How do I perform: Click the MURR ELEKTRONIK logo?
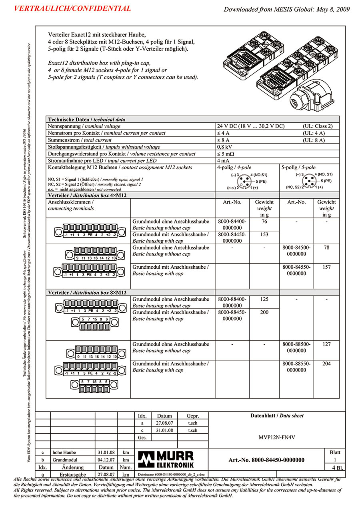click(166, 459)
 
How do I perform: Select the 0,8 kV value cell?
click(223, 147)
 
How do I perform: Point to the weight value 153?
click(264, 235)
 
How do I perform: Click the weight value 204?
click(326, 364)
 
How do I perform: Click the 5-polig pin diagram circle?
click(309, 182)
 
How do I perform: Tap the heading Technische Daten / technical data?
click(86, 120)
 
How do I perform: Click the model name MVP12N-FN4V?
click(277, 437)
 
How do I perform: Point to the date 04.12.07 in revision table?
click(106, 460)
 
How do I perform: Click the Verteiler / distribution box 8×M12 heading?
click(87, 293)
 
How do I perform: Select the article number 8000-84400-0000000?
click(232, 224)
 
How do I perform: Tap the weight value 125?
click(264, 299)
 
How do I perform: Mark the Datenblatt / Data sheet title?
click(277, 416)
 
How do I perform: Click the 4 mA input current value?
click(223, 161)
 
